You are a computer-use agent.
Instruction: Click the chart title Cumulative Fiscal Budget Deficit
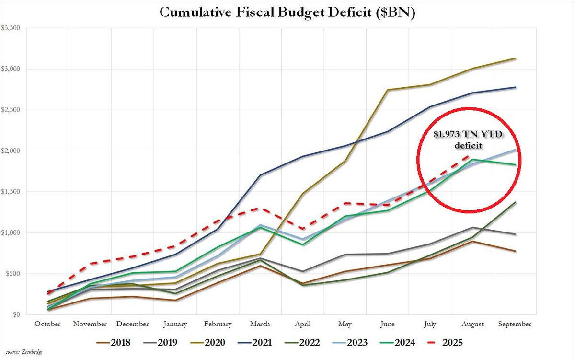(x=287, y=13)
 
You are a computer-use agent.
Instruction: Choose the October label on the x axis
(x=47, y=324)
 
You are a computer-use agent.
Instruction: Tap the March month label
(x=260, y=324)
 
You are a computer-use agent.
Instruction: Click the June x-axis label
(x=388, y=324)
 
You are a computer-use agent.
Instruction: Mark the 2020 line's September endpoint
(x=516, y=58)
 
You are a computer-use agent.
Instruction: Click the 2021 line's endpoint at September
(x=516, y=87)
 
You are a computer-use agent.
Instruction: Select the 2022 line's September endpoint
(x=516, y=202)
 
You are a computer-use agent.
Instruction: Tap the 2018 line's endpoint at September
(x=516, y=251)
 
